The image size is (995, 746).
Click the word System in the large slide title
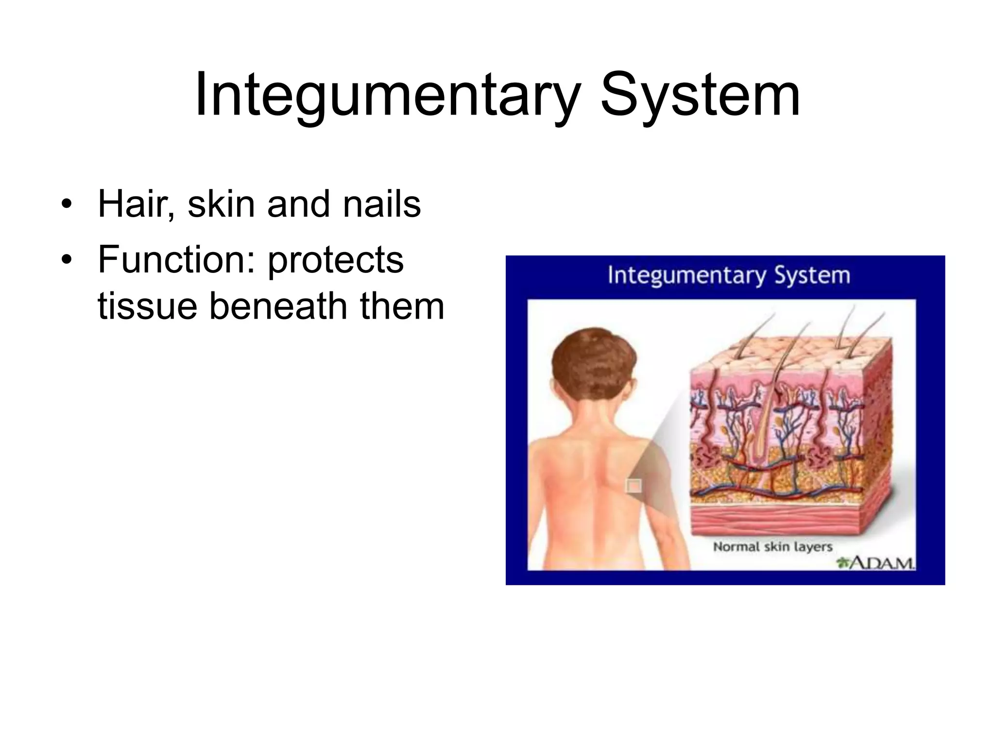coord(700,95)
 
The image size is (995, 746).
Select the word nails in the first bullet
coord(382,204)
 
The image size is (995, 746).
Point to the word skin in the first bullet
coord(221,204)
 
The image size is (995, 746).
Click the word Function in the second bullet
coord(176,260)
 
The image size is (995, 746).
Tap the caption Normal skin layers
coord(772,547)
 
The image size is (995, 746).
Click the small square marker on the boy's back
coord(634,485)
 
